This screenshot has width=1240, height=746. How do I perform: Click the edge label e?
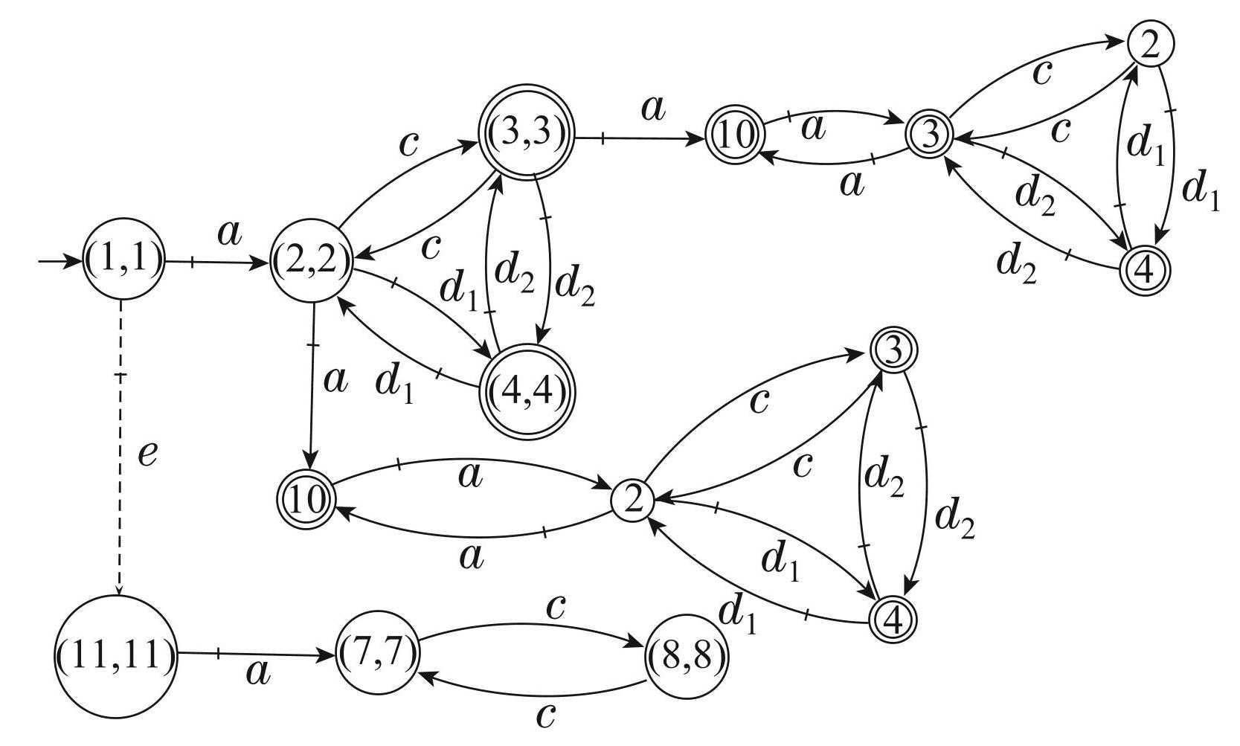[147, 453]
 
